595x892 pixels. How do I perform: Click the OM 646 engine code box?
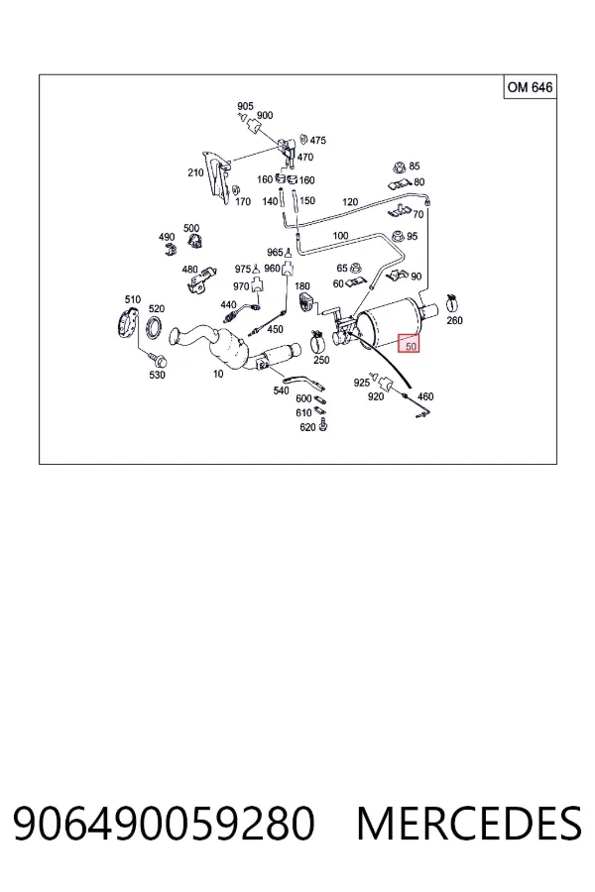coord(531,87)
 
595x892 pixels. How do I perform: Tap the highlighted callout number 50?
coord(409,343)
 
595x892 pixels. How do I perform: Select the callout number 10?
coord(218,374)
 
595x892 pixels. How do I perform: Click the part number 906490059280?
coord(164,824)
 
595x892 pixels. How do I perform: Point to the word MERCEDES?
coord(469,824)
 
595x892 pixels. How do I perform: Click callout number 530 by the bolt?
coord(157,375)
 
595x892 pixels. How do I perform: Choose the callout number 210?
coord(195,171)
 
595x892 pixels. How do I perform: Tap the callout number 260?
coord(454,320)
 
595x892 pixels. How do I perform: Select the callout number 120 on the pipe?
coord(350,201)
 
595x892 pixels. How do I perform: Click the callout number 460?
coord(425,396)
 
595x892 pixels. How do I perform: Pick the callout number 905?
coord(245,106)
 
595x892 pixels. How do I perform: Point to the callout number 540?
coord(282,390)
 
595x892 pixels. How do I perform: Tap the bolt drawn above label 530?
coord(156,359)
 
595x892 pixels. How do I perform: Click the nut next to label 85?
coord(399,167)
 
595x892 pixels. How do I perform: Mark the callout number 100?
coord(340,236)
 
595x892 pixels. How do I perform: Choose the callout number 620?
coord(307,426)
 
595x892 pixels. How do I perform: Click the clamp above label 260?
coord(453,302)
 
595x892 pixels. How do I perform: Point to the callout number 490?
coord(167,237)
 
